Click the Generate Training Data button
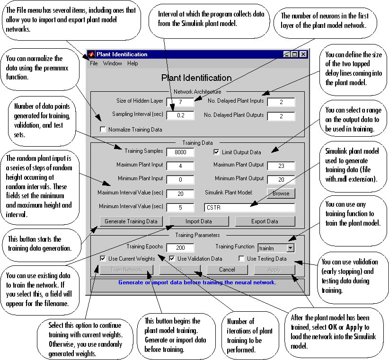[x=131, y=221]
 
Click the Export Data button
[x=265, y=221]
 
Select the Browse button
[x=281, y=193]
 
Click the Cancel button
[x=227, y=270]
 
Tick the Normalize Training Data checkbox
[x=103, y=129]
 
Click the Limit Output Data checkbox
[x=216, y=152]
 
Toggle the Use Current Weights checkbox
[x=103, y=259]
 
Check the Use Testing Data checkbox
[x=241, y=259]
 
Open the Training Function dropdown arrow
[x=291, y=247]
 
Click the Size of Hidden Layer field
[x=180, y=102]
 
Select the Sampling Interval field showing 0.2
[x=180, y=115]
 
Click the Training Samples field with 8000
[x=180, y=152]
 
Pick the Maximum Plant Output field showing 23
[x=281, y=166]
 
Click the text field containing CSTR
[x=249, y=207]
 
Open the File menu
[x=94, y=63]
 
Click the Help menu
[x=133, y=63]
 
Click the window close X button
[x=303, y=54]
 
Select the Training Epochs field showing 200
[x=180, y=248]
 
